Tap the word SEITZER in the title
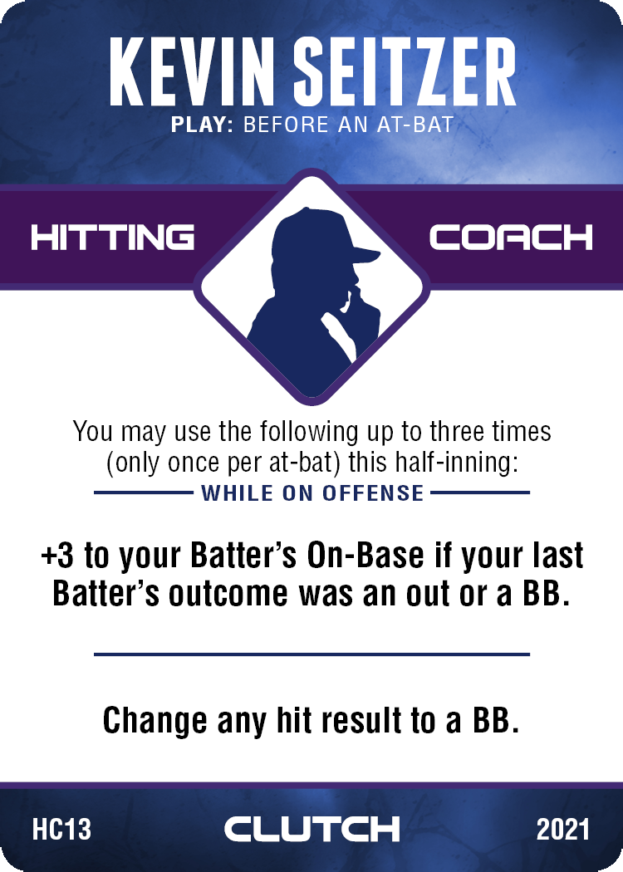(405, 71)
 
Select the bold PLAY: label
(202, 125)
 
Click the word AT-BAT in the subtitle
(415, 125)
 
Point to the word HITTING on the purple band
(112, 238)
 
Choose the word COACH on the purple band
(511, 238)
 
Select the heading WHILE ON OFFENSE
(312, 493)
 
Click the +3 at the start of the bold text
(57, 556)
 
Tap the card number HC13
(61, 829)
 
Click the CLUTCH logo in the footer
(312, 829)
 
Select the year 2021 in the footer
(563, 829)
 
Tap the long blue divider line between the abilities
(312, 654)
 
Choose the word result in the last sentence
(363, 720)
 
